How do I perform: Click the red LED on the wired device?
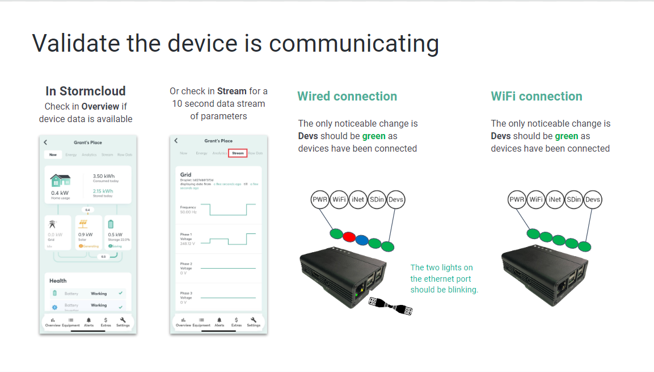[349, 236]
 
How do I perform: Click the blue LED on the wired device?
[361, 239]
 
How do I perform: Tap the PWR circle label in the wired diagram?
[320, 199]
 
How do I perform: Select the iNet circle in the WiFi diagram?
[555, 199]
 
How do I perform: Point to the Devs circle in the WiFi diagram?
[593, 199]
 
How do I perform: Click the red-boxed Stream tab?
[238, 153]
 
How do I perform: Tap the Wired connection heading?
[347, 97]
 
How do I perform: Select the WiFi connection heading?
[537, 97]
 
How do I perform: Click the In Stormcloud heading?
[86, 91]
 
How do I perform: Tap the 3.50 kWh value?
[104, 177]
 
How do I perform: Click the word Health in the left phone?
[58, 281]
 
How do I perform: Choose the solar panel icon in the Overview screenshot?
[83, 224]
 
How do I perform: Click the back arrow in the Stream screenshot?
[176, 141]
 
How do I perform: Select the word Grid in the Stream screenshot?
[185, 175]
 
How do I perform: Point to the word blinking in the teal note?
[464, 290]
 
